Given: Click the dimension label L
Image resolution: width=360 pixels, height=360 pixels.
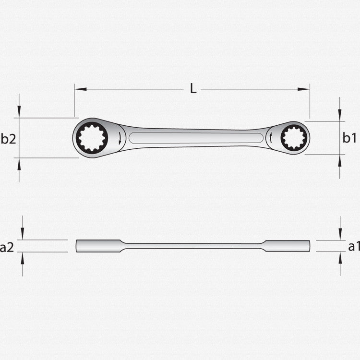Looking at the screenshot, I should pyautogui.click(x=193, y=89).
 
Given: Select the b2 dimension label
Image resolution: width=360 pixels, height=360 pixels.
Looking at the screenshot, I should pyautogui.click(x=8, y=139).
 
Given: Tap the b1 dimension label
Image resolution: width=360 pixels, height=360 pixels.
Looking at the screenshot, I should pyautogui.click(x=349, y=138).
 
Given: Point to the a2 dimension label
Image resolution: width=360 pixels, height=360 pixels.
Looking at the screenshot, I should pyautogui.click(x=7, y=248).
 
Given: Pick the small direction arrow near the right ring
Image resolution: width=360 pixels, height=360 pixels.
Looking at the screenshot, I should pyautogui.click(x=271, y=139).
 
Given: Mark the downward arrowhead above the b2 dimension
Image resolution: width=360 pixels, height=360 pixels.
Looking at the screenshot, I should pyautogui.click(x=19, y=113).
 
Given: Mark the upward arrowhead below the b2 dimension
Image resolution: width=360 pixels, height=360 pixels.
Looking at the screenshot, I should pyautogui.click(x=19, y=163).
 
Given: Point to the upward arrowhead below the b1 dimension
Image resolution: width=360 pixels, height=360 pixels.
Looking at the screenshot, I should pyautogui.click(x=340, y=160).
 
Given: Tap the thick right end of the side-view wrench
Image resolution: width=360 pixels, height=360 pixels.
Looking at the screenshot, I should pyautogui.click(x=287, y=246).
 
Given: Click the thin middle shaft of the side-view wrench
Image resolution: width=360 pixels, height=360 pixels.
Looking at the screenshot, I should pyautogui.click(x=192, y=246).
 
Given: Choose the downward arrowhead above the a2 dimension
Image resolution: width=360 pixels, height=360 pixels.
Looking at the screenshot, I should pyautogui.click(x=22, y=235).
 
